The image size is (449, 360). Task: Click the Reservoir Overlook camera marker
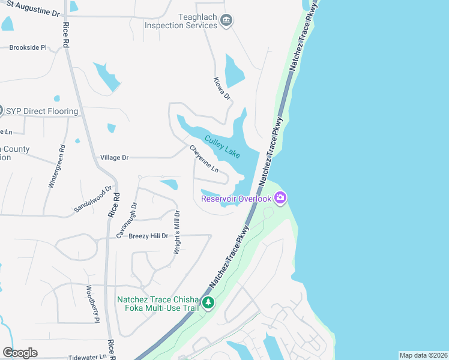[x=280, y=197]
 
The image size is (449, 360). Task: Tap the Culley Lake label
[x=223, y=146]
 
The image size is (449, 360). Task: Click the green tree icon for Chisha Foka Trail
[x=208, y=302]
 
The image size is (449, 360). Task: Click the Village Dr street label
[x=114, y=157]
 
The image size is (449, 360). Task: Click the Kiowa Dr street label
[x=222, y=88]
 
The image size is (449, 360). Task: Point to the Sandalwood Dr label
[x=93, y=199]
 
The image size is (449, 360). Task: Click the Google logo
[x=20, y=353]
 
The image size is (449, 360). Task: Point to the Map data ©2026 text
[x=423, y=355]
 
